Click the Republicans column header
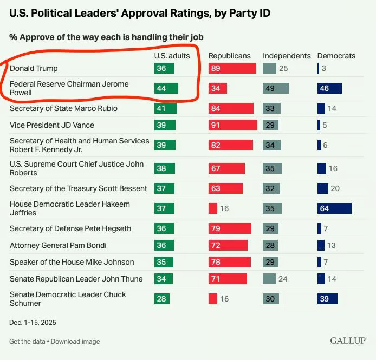230,56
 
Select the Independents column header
287,56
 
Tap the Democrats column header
336,56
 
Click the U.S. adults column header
172,56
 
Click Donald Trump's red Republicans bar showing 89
232,68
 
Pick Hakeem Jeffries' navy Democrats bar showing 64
334,208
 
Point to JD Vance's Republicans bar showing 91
233,125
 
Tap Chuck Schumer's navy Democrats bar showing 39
328,299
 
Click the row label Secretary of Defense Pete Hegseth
70,228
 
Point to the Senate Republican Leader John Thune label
76,279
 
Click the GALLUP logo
348,341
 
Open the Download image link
76,342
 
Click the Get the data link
27,342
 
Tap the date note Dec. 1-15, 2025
33,322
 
